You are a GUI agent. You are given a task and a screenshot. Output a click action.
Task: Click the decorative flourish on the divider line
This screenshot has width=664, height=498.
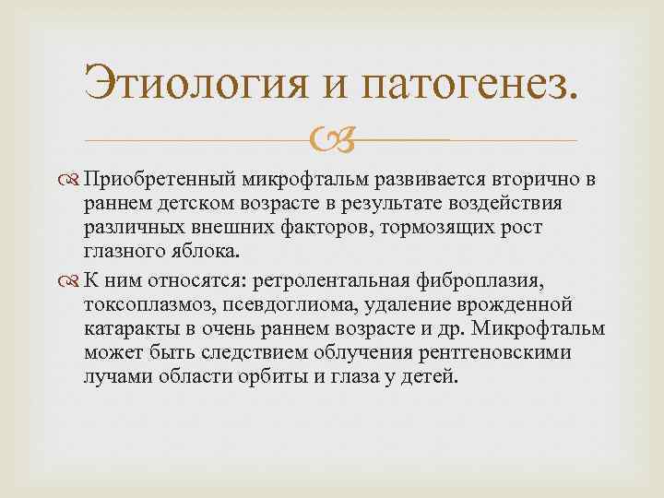pyautogui.click(x=330, y=140)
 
